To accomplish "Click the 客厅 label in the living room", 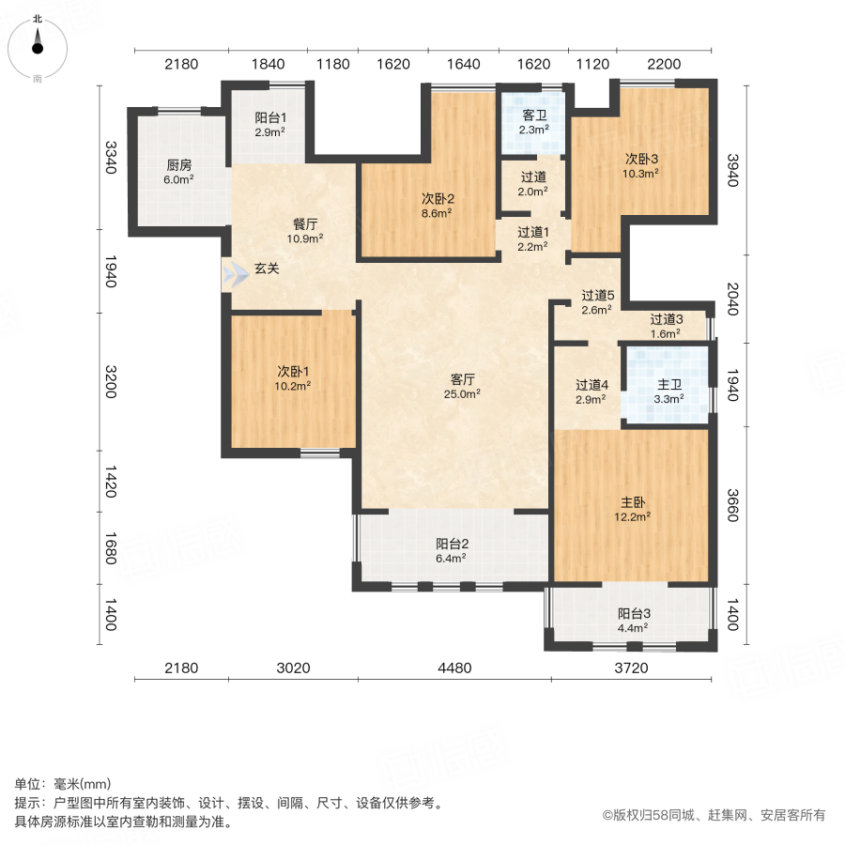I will [x=463, y=379].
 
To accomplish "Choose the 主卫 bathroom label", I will [x=668, y=383].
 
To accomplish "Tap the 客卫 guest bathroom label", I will [x=535, y=115].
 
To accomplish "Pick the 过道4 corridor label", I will [x=592, y=384].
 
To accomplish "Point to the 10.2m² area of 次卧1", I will [x=293, y=384].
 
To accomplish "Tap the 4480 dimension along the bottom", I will [x=453, y=668].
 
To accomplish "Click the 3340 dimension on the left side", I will [x=111, y=157].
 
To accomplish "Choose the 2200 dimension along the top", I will [x=663, y=65].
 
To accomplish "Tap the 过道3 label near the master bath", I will [x=667, y=319].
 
